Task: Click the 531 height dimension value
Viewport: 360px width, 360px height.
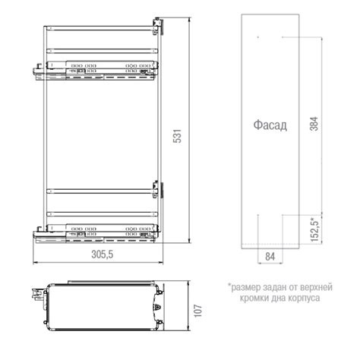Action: click(178, 136)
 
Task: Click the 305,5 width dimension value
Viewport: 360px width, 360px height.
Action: click(103, 254)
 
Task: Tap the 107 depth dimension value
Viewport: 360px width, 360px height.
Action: click(198, 311)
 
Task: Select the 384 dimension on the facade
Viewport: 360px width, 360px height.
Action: click(314, 124)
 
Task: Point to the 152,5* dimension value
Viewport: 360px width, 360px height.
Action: click(314, 229)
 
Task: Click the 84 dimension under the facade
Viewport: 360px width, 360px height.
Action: click(270, 257)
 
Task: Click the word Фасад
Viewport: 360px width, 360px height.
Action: click(270, 125)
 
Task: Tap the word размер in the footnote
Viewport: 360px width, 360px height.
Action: click(245, 287)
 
